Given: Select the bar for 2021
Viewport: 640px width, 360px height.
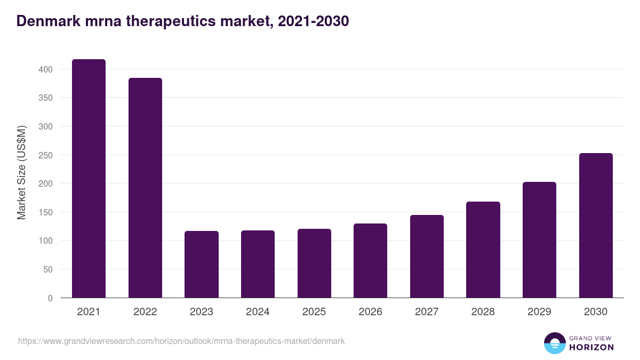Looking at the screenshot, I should click(x=89, y=179).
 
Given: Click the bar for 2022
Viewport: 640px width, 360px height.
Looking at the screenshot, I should click(x=145, y=188).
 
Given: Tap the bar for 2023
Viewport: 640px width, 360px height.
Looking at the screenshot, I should click(x=202, y=264).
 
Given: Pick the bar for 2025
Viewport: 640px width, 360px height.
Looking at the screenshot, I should click(x=314, y=263).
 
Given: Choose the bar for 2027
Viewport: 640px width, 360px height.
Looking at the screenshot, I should click(x=427, y=256).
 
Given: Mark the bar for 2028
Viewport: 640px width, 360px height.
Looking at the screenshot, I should click(x=483, y=250).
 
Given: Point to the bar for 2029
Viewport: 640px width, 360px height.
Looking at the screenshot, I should click(x=539, y=240).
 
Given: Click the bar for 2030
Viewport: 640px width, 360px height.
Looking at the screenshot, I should click(x=596, y=226).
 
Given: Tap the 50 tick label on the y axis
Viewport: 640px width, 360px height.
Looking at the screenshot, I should click(x=47, y=269).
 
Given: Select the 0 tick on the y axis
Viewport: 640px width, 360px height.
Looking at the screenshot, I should click(x=50, y=298).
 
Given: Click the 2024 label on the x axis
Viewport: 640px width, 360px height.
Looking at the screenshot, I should click(x=258, y=312).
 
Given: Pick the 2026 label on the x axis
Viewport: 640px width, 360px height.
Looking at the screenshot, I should click(x=370, y=312).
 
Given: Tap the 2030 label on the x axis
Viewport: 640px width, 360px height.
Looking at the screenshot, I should click(x=596, y=312).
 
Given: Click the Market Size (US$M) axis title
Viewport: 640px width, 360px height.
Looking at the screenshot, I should click(x=21, y=173).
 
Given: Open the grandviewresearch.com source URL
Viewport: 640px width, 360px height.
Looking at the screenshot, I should click(x=181, y=341).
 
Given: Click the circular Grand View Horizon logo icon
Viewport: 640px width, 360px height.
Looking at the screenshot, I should click(x=554, y=343).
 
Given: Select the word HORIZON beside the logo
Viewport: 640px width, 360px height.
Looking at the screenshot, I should click(x=591, y=347).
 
